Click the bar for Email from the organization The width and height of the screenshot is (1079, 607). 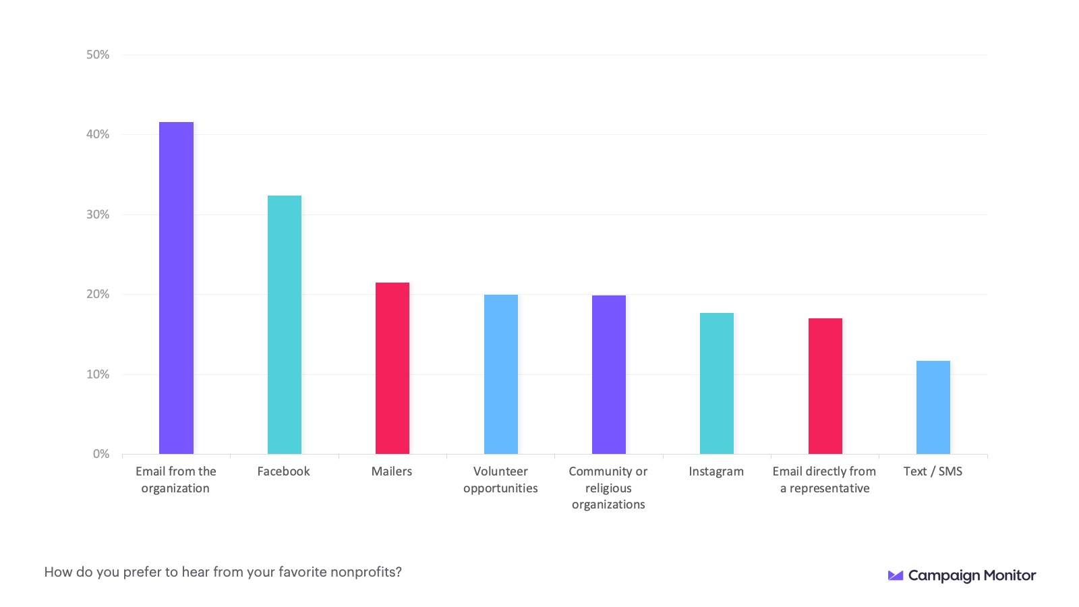coord(176,288)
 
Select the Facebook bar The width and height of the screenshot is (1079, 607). coord(285,324)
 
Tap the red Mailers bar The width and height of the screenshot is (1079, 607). coord(392,368)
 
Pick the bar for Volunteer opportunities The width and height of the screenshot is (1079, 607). coord(501,374)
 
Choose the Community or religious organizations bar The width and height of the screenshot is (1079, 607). coord(609,374)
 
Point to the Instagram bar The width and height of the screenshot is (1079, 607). coord(717,383)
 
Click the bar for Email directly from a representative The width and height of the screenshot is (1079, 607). coord(825,386)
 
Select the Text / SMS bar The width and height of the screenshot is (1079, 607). coord(933,407)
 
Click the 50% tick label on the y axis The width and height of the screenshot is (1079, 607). coord(98,55)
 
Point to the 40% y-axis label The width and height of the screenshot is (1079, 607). coord(98,134)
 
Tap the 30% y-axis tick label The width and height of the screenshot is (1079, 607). coord(98,214)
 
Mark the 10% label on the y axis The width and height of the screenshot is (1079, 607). coord(98,374)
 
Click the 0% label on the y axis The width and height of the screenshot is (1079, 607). coord(101,454)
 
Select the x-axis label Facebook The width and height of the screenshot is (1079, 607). coord(283,471)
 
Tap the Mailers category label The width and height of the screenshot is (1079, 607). coord(392,471)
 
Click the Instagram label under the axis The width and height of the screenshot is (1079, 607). coord(716,471)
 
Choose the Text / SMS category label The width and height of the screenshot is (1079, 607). coord(933,471)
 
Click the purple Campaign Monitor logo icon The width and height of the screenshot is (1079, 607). coord(896,575)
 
